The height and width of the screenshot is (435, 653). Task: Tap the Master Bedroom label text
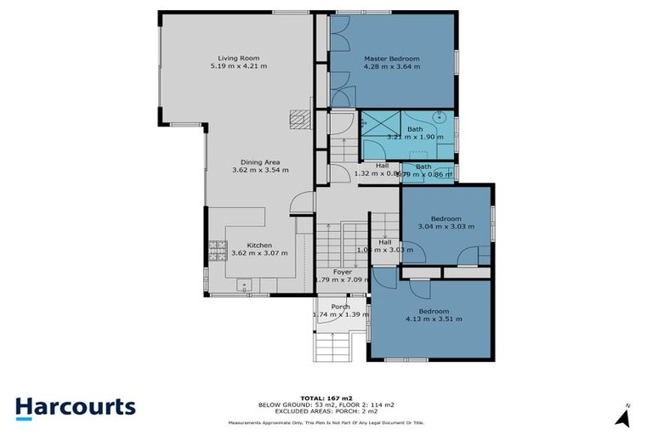(x=391, y=58)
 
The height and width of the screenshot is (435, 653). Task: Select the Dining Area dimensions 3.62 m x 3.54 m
(x=260, y=170)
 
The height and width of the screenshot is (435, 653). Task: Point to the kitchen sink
(x=245, y=286)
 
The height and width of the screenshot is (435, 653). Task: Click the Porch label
(x=340, y=307)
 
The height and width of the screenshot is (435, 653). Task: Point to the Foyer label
(x=342, y=272)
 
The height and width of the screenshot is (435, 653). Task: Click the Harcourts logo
(x=75, y=406)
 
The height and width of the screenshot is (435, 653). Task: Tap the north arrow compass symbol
(x=624, y=417)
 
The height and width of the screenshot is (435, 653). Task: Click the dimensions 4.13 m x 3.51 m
(x=434, y=319)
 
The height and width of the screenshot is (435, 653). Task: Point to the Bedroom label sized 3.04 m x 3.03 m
(x=446, y=218)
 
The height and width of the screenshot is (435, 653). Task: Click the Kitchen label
(x=260, y=245)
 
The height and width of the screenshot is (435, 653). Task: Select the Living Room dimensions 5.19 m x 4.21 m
(x=238, y=65)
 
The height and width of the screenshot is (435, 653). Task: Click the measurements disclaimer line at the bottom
(x=326, y=422)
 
